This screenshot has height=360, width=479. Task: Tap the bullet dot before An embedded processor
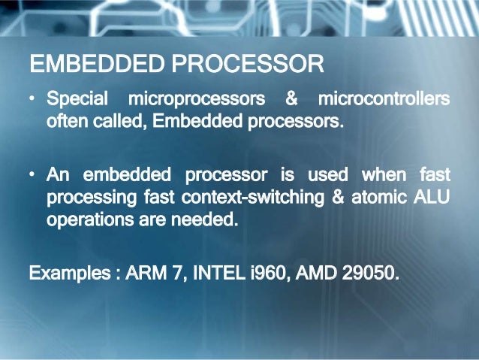34,176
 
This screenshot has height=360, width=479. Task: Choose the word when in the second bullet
384,176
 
